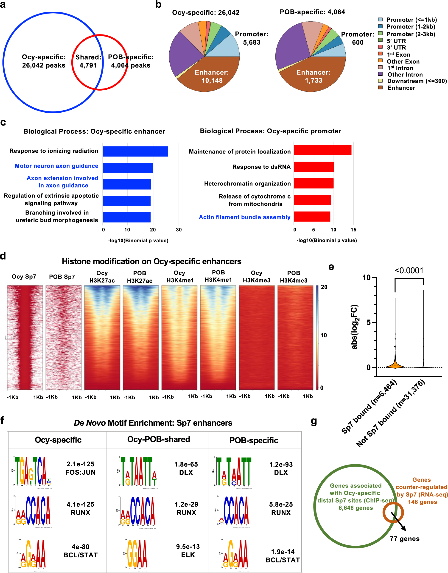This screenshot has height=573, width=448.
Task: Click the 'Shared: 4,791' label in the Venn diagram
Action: coord(88,61)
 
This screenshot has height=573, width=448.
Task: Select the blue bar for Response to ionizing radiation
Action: coord(135,151)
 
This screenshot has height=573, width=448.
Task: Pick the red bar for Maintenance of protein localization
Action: coord(322,150)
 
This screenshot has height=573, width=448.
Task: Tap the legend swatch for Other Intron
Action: coord(380,74)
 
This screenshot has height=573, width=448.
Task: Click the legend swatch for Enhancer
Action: coord(380,87)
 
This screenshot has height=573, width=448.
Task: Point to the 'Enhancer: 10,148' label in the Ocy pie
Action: coord(212,76)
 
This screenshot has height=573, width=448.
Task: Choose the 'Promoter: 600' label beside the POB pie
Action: coord(358,38)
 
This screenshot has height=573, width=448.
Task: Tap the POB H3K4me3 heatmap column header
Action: coord(294,277)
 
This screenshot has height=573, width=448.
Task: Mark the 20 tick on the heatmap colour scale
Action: coord(324,287)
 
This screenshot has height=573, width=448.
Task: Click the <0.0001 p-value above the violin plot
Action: coord(409,271)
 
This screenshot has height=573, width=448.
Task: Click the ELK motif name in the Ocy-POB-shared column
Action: coord(188,555)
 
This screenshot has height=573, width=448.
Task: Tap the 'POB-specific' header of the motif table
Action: coord(254,440)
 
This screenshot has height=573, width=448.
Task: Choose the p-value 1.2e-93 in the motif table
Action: coord(281,464)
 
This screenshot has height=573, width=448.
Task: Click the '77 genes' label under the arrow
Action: coord(404,539)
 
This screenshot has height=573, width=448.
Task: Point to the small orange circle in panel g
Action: coord(393,512)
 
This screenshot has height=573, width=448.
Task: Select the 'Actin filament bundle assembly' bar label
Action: coord(244,217)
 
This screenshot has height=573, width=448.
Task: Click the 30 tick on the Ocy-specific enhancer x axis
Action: coord(179,230)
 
